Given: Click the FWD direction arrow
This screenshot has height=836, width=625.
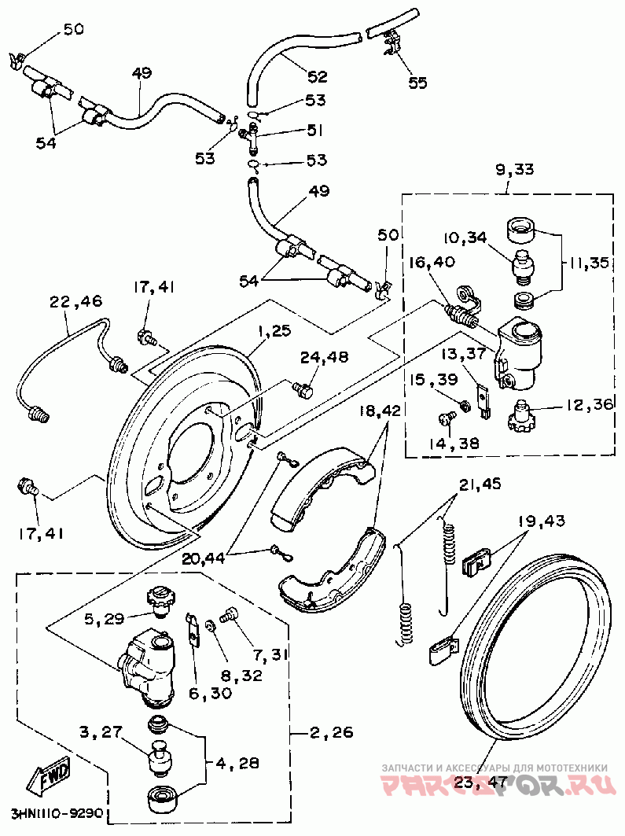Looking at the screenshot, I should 50,775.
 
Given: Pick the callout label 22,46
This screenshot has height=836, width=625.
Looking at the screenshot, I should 75,300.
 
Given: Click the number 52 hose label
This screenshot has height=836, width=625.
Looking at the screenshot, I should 317,76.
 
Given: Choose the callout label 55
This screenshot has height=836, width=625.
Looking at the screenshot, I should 417,82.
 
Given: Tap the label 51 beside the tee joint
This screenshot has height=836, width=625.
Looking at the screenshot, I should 315,131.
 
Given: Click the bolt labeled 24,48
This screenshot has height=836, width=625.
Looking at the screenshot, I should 302,389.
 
